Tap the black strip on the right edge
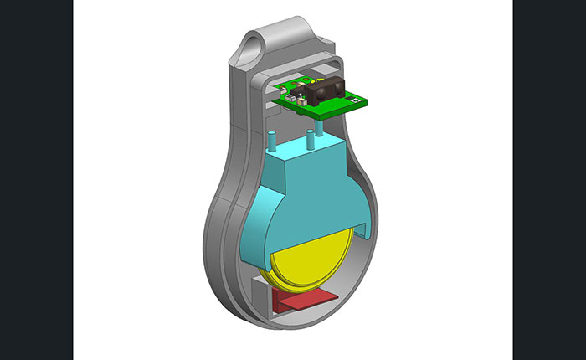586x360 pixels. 549,180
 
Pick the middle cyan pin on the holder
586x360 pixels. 310,139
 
